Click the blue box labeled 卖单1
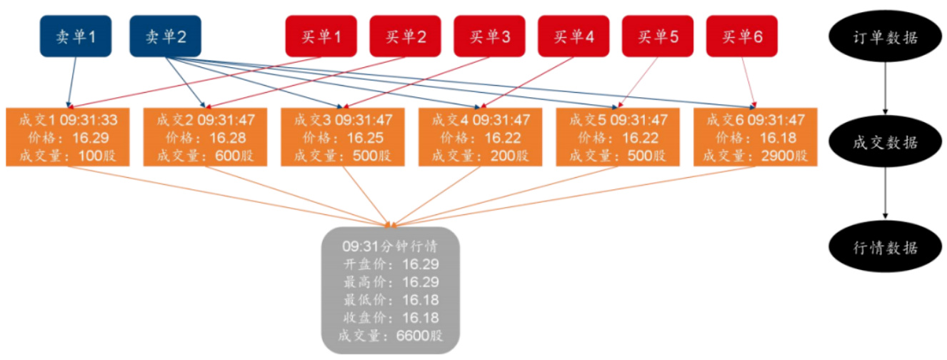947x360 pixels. coord(75,36)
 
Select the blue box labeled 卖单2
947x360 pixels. coord(165,36)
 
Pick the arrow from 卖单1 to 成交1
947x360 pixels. coord(72,82)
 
